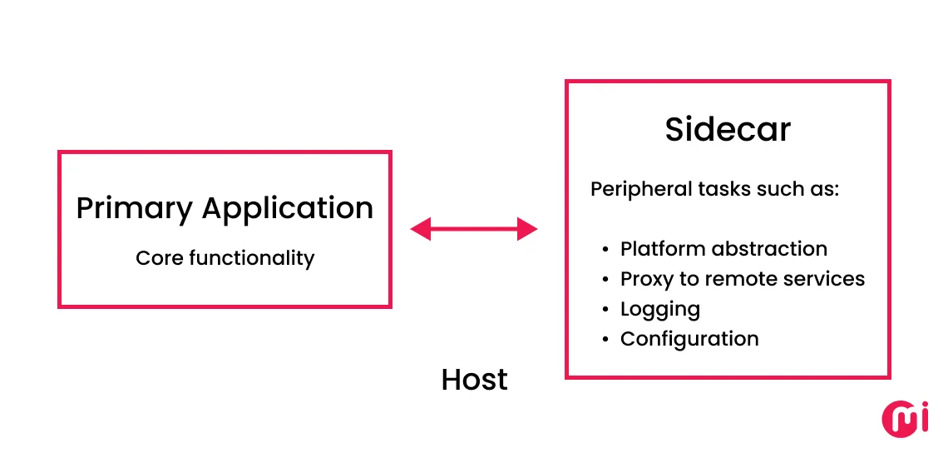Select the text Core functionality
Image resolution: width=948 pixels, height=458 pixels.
(225, 258)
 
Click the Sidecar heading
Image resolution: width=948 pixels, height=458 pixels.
(728, 130)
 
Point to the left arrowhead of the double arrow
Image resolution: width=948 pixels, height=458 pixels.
(421, 228)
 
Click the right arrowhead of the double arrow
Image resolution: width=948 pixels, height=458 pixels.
(527, 228)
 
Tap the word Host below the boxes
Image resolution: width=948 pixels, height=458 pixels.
(474, 380)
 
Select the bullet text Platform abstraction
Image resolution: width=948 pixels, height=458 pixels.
(723, 249)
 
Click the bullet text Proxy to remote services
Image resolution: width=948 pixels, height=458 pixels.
(743, 279)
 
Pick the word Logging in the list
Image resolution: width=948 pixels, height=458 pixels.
(660, 310)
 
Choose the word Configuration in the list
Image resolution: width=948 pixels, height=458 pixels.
(689, 339)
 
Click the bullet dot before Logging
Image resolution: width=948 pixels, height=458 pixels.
(605, 310)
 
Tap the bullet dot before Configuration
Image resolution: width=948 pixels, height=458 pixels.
(605, 340)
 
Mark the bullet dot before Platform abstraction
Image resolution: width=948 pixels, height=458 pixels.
(605, 250)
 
